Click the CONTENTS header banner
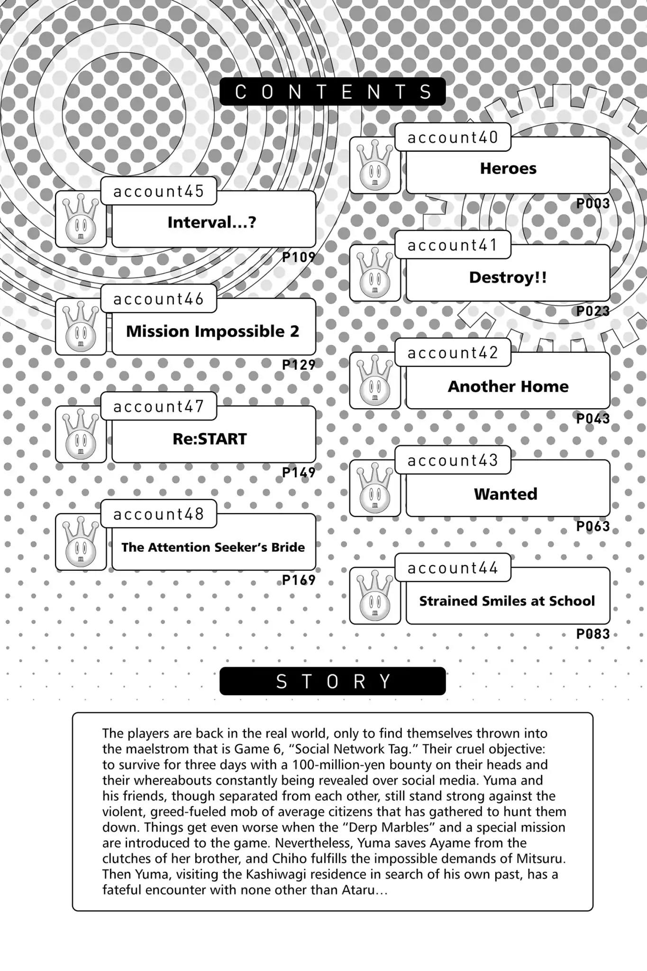(x=332, y=92)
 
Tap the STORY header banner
(x=332, y=681)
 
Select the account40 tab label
(x=453, y=137)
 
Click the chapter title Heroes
(x=508, y=168)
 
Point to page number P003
(x=592, y=204)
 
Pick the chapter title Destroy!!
(x=508, y=277)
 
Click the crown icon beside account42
(x=375, y=380)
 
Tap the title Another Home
(x=508, y=386)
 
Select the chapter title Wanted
(x=506, y=494)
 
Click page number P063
(x=592, y=526)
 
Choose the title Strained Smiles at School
(x=507, y=601)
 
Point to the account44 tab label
(x=453, y=568)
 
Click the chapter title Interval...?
(x=212, y=222)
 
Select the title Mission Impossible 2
(x=213, y=331)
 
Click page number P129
(x=299, y=365)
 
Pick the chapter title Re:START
(x=210, y=439)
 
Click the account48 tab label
(x=159, y=514)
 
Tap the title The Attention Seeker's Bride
(x=213, y=547)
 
